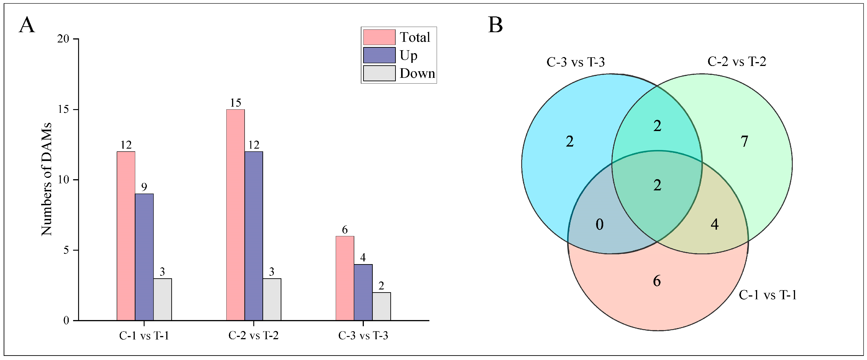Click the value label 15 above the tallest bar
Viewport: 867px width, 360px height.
pos(235,103)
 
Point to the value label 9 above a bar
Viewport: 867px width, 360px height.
pos(144,187)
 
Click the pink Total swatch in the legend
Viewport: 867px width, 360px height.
pos(379,37)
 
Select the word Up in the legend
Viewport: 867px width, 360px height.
pos(408,55)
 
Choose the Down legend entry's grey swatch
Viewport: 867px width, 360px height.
pos(379,73)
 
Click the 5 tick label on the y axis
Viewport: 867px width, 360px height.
pos(66,250)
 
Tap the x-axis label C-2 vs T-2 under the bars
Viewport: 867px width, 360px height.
pos(254,335)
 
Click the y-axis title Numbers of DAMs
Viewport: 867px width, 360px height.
pos(46,179)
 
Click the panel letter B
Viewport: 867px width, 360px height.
pos(495,25)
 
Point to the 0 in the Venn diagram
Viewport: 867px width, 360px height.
pos(599,224)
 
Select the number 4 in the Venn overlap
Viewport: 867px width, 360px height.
pos(714,224)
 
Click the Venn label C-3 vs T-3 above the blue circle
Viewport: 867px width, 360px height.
pos(576,62)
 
